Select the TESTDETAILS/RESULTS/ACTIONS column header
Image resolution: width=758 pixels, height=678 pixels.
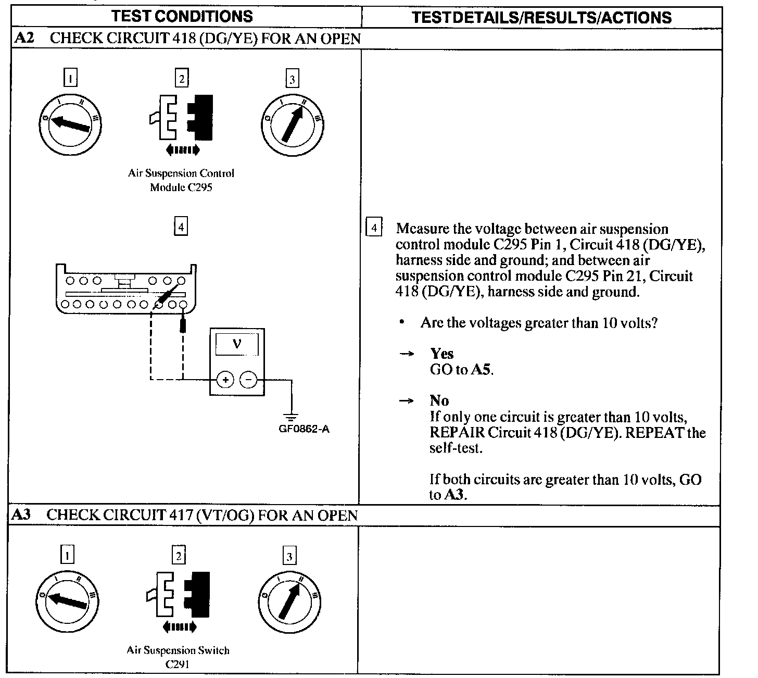541,17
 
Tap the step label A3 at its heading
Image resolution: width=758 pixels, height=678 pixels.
21,514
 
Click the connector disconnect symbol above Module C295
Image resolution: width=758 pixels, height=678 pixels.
181,120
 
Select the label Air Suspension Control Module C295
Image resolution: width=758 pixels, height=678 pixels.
181,180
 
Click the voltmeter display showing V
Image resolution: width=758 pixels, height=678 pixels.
237,344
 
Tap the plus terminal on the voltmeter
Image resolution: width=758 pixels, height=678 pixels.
225,380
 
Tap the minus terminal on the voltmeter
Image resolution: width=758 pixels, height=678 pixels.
248,380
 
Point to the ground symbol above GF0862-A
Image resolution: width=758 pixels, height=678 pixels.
292,417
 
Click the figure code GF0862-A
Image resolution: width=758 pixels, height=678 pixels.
304,430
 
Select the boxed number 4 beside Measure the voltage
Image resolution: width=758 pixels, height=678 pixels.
374,228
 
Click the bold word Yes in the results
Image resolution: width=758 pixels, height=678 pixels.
441,354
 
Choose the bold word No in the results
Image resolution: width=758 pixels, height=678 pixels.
439,400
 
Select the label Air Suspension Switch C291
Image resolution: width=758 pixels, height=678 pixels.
178,657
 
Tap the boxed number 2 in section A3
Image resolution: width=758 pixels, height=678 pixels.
179,556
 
